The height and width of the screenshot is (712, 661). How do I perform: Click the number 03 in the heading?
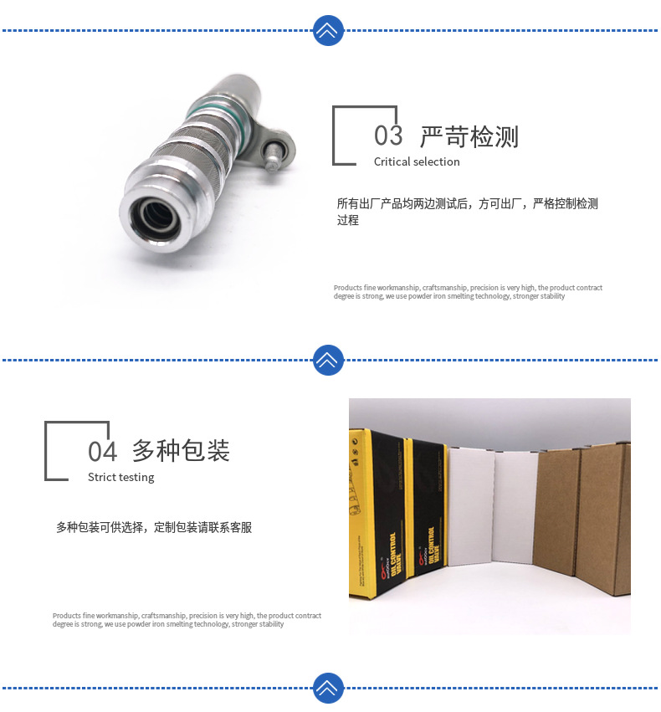388,136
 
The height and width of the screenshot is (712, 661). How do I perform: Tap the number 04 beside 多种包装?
103,451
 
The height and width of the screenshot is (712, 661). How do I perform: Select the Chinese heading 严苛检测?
469,136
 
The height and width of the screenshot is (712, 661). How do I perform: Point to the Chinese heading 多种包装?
181,450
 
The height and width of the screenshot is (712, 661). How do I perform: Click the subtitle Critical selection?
417,161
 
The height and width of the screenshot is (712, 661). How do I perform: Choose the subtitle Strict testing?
121,477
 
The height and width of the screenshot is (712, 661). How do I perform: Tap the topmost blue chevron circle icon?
328,31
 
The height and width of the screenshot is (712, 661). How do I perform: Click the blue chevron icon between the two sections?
328,360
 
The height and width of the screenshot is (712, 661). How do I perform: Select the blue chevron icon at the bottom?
328,687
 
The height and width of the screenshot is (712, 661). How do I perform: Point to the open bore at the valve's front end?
153,216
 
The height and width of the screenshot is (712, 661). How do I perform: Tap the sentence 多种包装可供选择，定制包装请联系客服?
154,527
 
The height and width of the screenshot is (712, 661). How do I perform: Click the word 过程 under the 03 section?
348,220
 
